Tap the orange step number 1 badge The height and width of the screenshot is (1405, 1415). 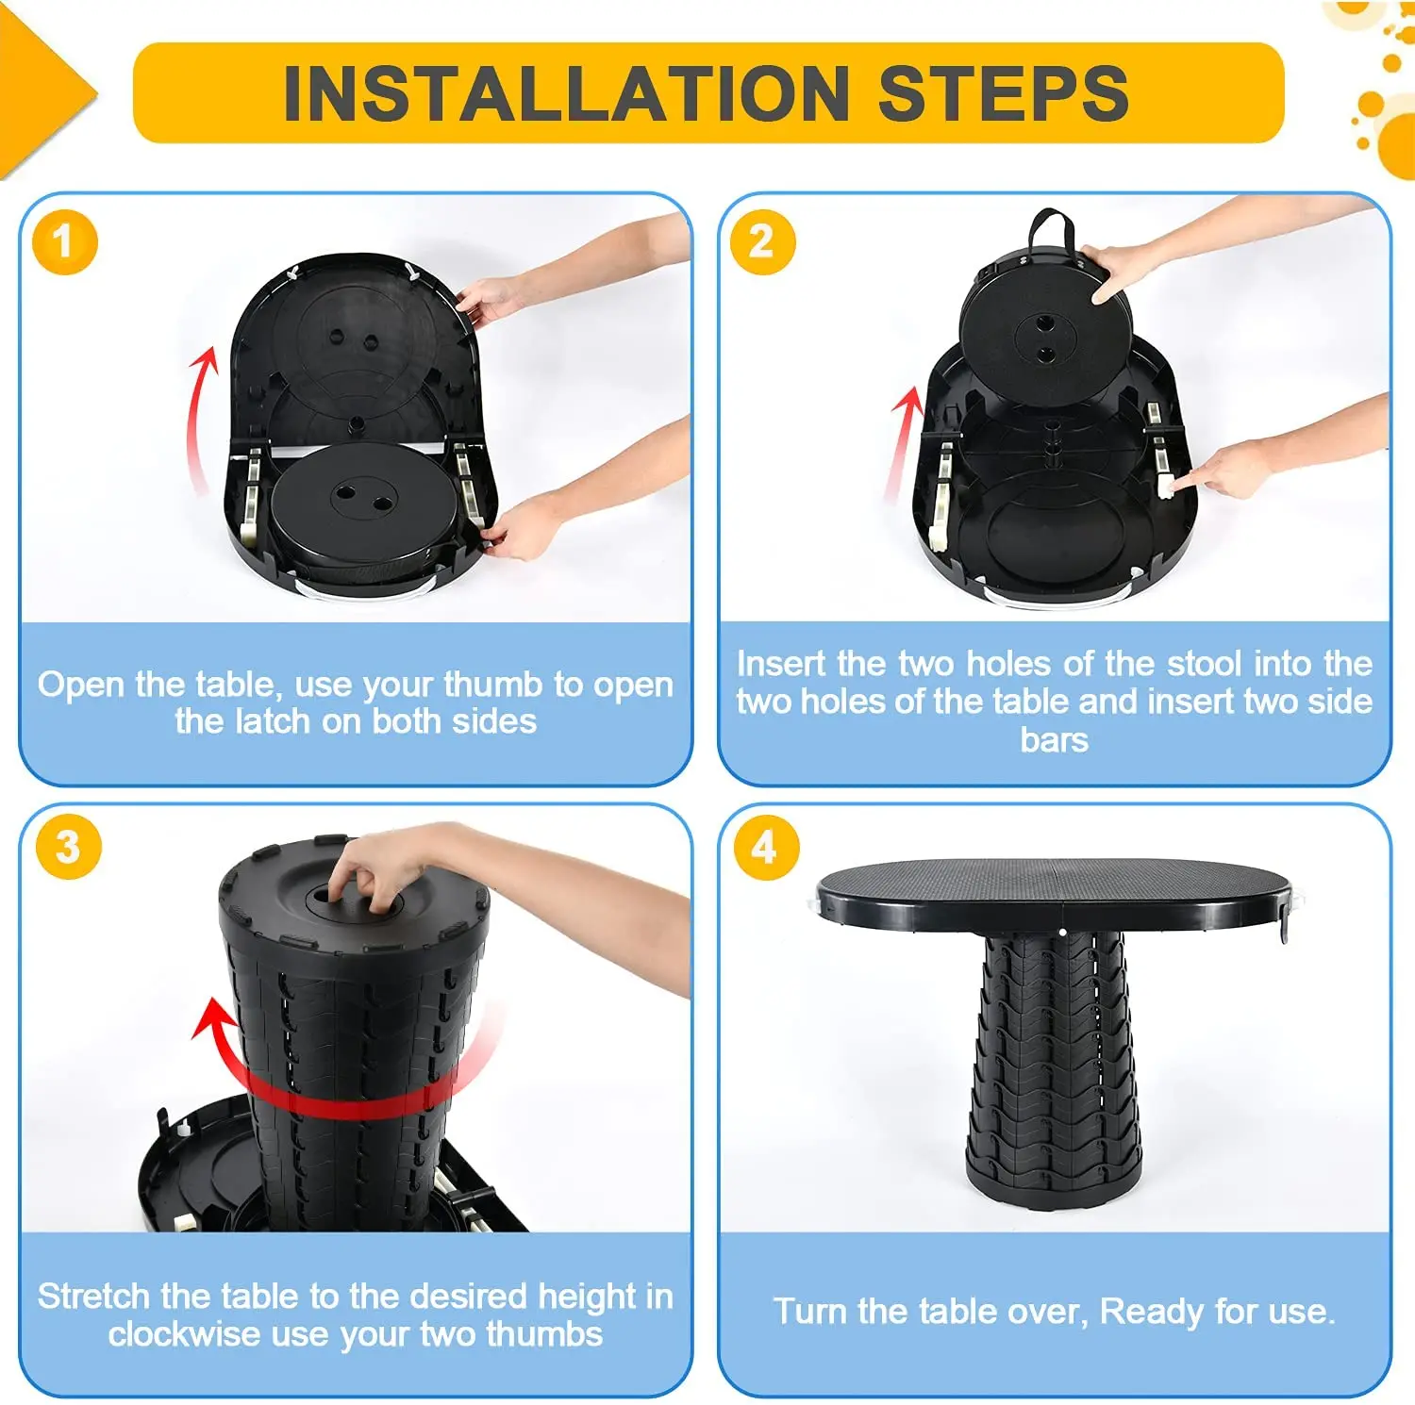pos(64,242)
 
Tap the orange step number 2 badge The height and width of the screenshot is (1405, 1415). pos(762,242)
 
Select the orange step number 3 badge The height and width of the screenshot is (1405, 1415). pos(68,847)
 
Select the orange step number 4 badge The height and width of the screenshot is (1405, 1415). pos(765,847)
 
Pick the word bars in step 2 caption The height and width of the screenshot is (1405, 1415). pos(1054,740)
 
